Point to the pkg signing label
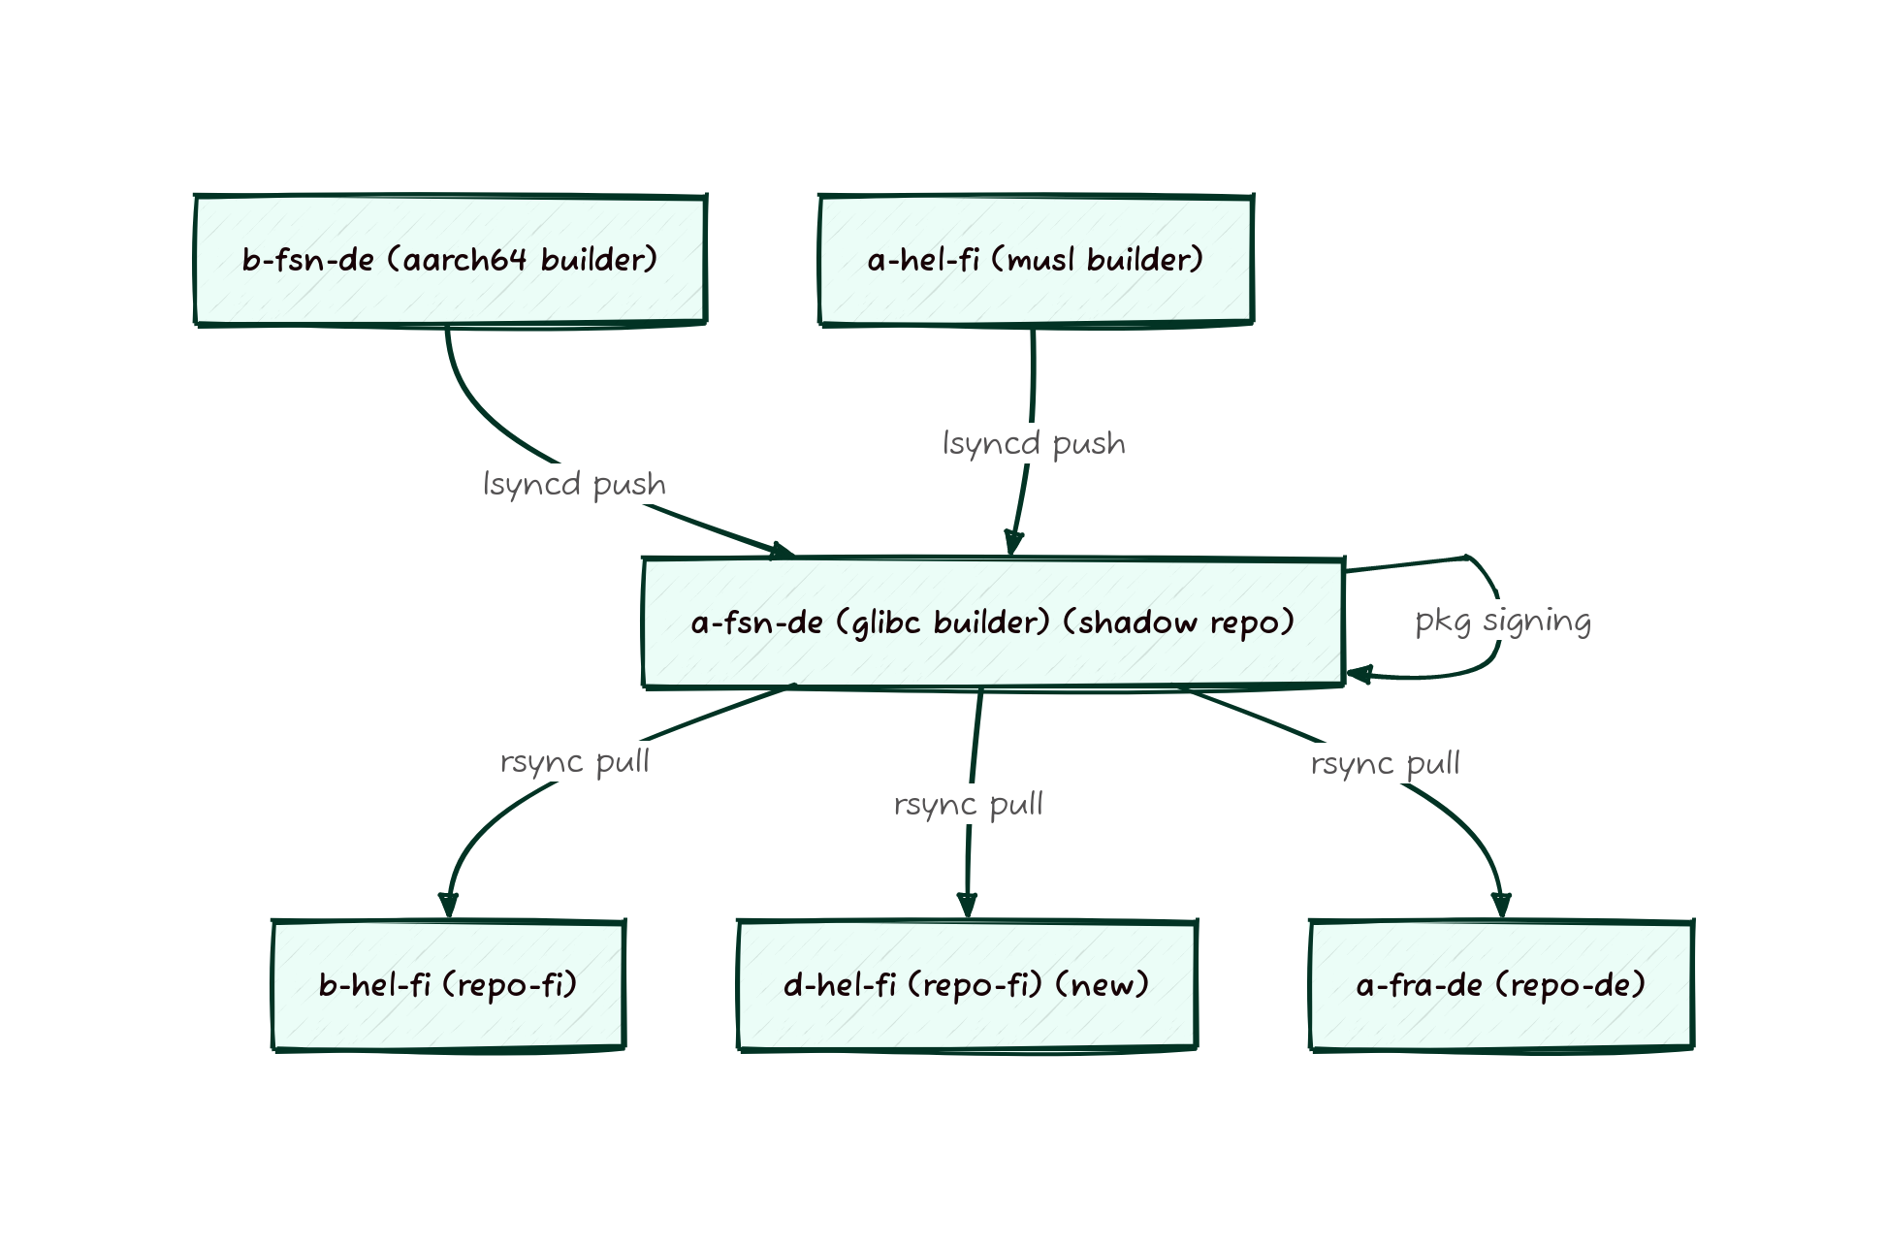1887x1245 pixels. point(1503,621)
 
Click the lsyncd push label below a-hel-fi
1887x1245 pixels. point(1034,443)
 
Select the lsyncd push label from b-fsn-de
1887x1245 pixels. point(574,484)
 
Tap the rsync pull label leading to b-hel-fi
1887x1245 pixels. point(574,761)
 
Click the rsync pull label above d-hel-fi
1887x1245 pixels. point(968,804)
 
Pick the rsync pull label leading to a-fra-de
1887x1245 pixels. point(1385,763)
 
